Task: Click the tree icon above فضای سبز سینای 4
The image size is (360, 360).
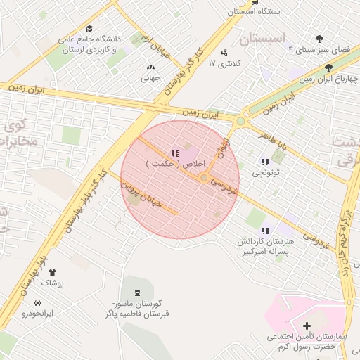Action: click(x=320, y=39)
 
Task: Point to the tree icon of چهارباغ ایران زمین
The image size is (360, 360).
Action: click(x=328, y=67)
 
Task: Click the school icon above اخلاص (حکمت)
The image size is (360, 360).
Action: click(x=174, y=153)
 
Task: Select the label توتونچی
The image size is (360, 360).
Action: click(x=266, y=172)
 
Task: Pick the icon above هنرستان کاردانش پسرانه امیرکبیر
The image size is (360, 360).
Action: click(x=265, y=231)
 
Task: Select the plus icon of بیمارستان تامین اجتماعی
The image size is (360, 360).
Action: click(x=307, y=326)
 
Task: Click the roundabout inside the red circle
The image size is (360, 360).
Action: click(x=204, y=178)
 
